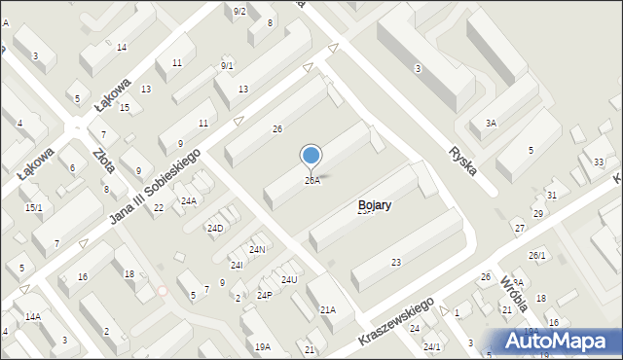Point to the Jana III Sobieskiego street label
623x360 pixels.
(157, 190)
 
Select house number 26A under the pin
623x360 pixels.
(311, 181)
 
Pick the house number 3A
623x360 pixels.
(492, 124)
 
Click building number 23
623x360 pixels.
(396, 263)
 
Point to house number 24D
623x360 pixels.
(215, 229)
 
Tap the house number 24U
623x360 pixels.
(289, 280)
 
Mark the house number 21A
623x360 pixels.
(328, 309)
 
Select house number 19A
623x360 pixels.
(262, 346)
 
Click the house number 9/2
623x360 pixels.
(239, 11)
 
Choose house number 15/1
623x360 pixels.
(34, 207)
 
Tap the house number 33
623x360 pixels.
(599, 162)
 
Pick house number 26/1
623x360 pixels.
(537, 255)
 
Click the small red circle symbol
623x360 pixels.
(163, 290)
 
